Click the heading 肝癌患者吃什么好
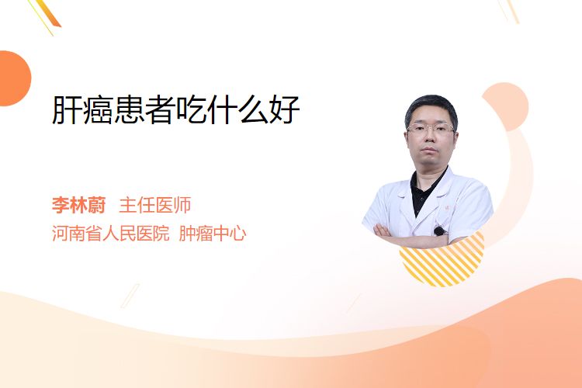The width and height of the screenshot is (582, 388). (x=175, y=109)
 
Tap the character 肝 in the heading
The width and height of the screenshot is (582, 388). (x=67, y=109)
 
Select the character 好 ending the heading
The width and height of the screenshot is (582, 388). (x=285, y=109)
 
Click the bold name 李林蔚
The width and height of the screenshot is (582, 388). (x=78, y=205)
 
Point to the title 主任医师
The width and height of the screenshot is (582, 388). (x=154, y=205)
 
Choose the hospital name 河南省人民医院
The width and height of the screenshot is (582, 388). (x=111, y=234)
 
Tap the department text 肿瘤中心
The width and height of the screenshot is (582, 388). (x=213, y=234)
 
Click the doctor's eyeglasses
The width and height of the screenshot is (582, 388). (x=431, y=129)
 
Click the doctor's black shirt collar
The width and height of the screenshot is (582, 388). (x=427, y=189)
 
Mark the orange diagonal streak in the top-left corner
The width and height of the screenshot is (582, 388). (x=47, y=14)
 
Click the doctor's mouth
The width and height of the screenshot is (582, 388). (x=429, y=150)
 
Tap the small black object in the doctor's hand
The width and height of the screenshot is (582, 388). (x=440, y=231)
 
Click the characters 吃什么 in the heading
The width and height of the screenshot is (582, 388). (x=223, y=109)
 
